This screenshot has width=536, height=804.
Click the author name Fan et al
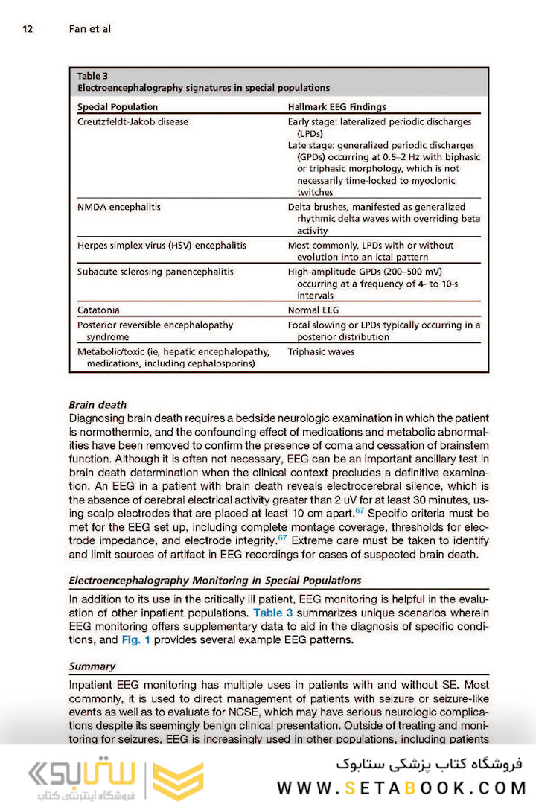(x=89, y=29)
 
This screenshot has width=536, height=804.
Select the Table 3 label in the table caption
(x=93, y=76)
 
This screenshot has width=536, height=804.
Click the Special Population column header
(x=118, y=107)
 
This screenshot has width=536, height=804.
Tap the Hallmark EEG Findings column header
(x=336, y=107)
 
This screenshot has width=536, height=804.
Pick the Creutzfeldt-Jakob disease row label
(x=133, y=121)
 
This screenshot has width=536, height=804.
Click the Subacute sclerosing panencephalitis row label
(x=155, y=272)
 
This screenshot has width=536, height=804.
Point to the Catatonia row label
(x=98, y=309)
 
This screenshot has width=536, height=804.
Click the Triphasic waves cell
(x=321, y=351)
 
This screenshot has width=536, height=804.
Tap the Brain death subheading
(x=98, y=405)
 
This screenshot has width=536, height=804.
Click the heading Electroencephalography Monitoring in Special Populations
(x=214, y=580)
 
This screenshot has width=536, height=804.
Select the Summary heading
(x=92, y=666)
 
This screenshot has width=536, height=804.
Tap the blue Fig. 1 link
(x=136, y=639)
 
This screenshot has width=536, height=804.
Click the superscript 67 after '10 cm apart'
(x=361, y=511)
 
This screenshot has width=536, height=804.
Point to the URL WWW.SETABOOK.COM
(x=402, y=788)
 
